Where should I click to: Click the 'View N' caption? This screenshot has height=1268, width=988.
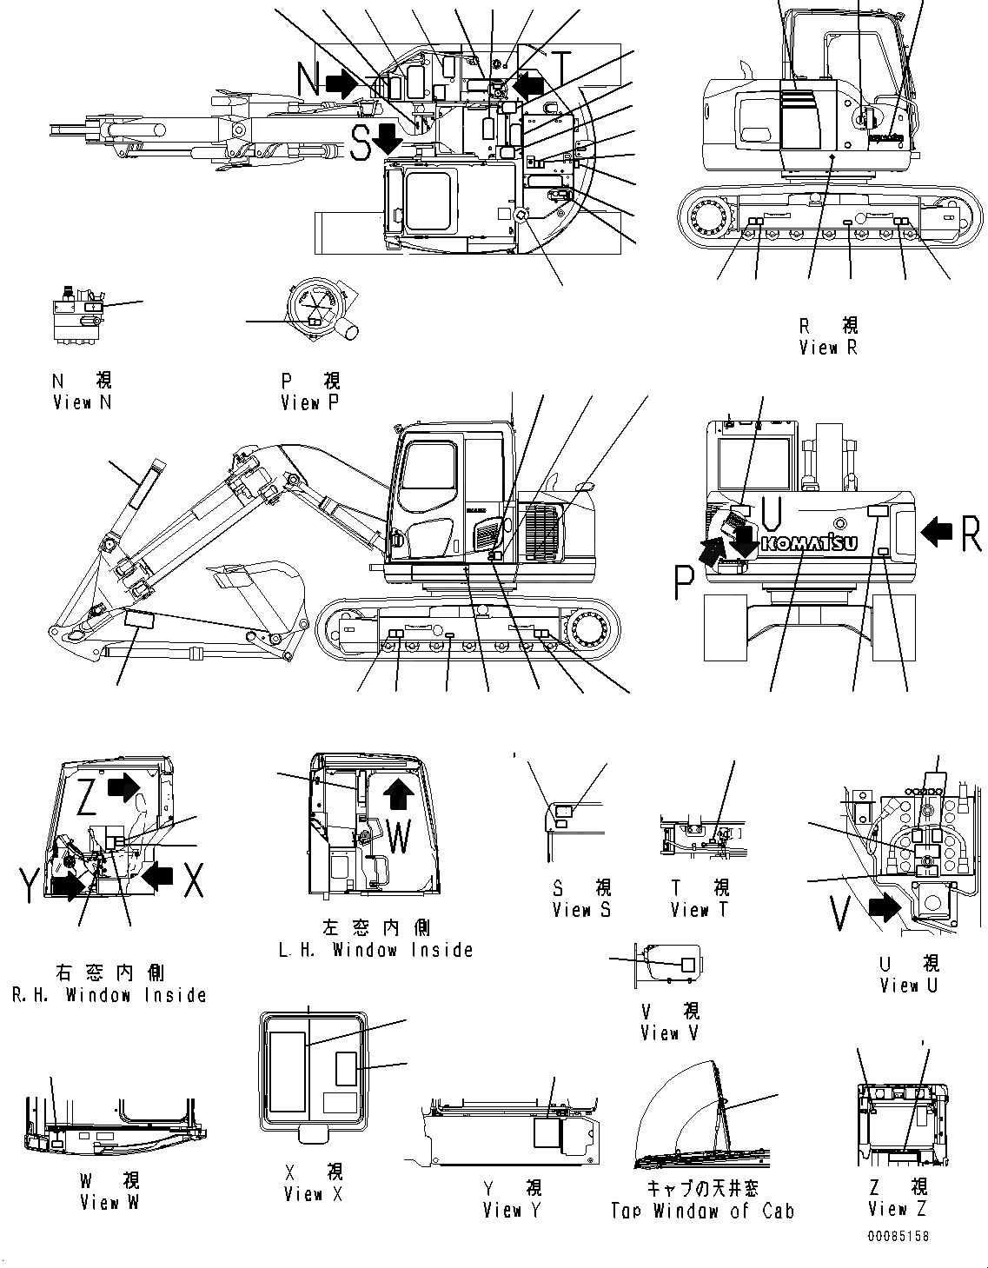(x=82, y=402)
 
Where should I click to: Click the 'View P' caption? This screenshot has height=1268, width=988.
(x=310, y=402)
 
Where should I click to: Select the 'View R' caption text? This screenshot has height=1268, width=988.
(x=828, y=348)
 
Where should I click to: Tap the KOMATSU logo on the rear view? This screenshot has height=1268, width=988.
(x=808, y=543)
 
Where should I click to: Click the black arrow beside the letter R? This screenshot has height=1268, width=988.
(x=937, y=531)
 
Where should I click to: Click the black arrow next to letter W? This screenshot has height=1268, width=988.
(x=399, y=793)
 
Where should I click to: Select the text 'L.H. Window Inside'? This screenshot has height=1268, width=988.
(x=375, y=950)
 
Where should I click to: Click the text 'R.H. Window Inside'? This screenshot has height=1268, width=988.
(x=109, y=995)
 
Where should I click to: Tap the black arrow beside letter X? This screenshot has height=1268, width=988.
(x=157, y=875)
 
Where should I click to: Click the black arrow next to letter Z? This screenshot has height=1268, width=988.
(x=124, y=788)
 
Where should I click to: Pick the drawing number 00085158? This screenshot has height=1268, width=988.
(x=896, y=1236)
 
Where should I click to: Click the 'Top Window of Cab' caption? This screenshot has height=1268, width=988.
(x=702, y=1211)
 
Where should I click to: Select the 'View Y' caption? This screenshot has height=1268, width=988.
(x=512, y=1209)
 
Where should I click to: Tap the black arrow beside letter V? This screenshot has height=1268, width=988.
(x=884, y=908)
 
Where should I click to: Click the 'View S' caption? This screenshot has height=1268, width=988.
(x=581, y=910)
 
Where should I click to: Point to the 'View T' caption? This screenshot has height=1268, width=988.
(x=700, y=910)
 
